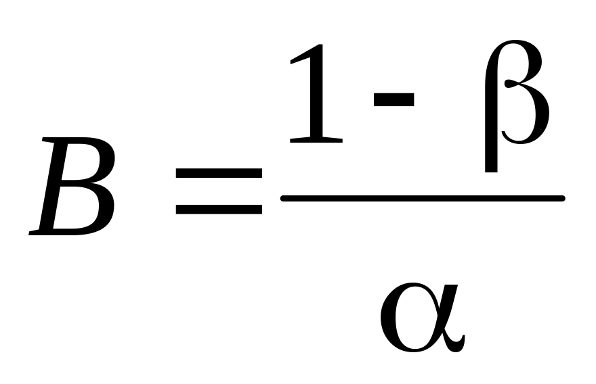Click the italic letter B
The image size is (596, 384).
point(73,186)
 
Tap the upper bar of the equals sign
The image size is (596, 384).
point(219,173)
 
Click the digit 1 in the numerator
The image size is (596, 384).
point(316,95)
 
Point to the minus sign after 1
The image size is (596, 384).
point(393,99)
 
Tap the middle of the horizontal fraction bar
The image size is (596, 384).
point(423,198)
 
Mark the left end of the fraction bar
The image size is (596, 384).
point(284,198)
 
